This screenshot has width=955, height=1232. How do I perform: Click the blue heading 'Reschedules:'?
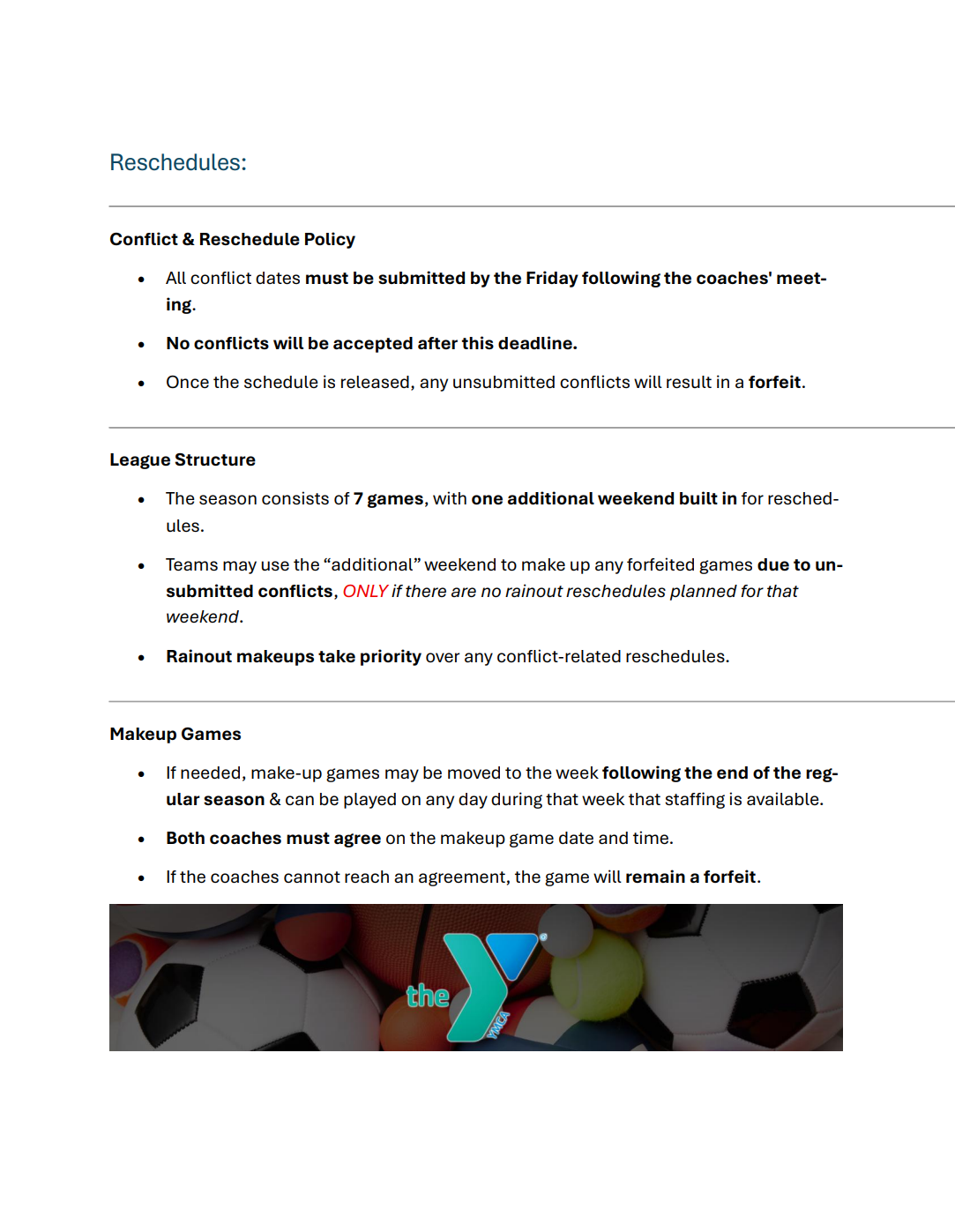coord(178,163)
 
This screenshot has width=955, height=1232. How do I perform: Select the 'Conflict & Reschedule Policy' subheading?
coord(232,240)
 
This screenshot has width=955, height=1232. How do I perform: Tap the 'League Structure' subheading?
coord(183,460)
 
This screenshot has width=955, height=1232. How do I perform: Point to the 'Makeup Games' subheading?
coord(175,735)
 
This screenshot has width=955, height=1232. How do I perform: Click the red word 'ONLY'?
coord(365,592)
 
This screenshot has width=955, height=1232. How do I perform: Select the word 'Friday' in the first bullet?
coord(551,279)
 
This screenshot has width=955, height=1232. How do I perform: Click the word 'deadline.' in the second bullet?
coord(537,344)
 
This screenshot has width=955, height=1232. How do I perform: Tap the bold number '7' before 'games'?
coord(358,499)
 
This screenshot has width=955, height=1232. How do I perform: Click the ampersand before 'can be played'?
coord(275,800)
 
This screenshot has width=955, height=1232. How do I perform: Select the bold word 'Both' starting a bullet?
coord(185,839)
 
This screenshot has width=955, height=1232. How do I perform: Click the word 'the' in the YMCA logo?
coord(428,997)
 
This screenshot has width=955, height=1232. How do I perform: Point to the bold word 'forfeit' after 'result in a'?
coord(774,383)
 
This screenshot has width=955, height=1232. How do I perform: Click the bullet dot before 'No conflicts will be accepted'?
coord(141,345)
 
